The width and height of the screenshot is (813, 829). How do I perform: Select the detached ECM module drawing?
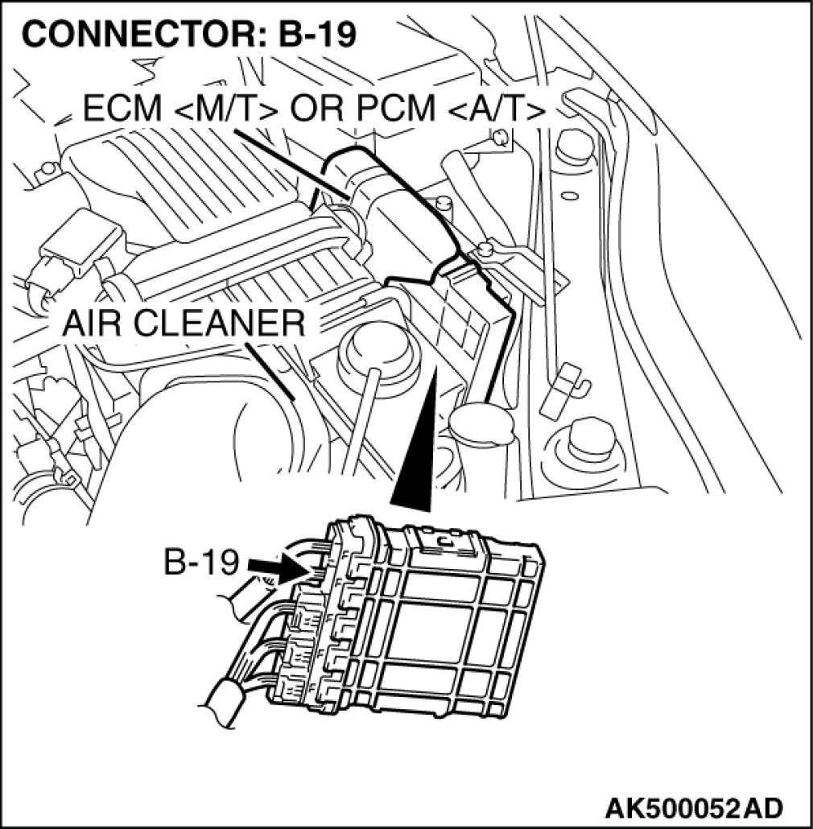click(419, 620)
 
